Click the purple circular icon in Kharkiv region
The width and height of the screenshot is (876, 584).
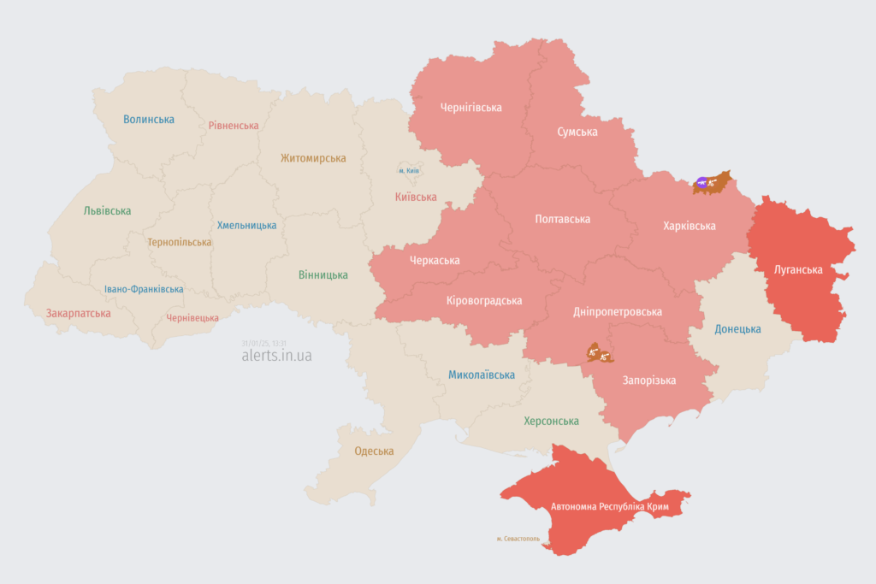(x=702, y=181)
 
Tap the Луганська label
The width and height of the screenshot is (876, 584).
(x=798, y=269)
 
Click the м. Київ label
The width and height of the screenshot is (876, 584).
(x=409, y=171)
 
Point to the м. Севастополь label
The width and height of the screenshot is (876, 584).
(x=518, y=539)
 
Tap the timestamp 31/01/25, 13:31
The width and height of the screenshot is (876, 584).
(x=264, y=342)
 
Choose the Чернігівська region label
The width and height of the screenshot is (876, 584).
(x=471, y=108)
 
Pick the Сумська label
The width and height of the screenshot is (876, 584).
(x=577, y=132)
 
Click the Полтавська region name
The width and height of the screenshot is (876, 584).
(x=562, y=219)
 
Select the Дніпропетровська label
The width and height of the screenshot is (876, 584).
(x=618, y=312)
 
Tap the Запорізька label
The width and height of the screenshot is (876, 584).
(x=649, y=380)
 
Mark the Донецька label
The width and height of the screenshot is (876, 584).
(x=737, y=329)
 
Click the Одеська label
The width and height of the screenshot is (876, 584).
(x=374, y=451)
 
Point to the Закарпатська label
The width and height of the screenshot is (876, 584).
(x=79, y=313)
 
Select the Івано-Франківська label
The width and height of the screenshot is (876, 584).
(x=144, y=289)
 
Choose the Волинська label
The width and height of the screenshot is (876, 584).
(x=149, y=120)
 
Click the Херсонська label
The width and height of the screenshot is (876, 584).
(x=551, y=421)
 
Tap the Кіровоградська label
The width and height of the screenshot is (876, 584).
(x=484, y=300)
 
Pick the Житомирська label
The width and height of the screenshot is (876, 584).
(x=313, y=158)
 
